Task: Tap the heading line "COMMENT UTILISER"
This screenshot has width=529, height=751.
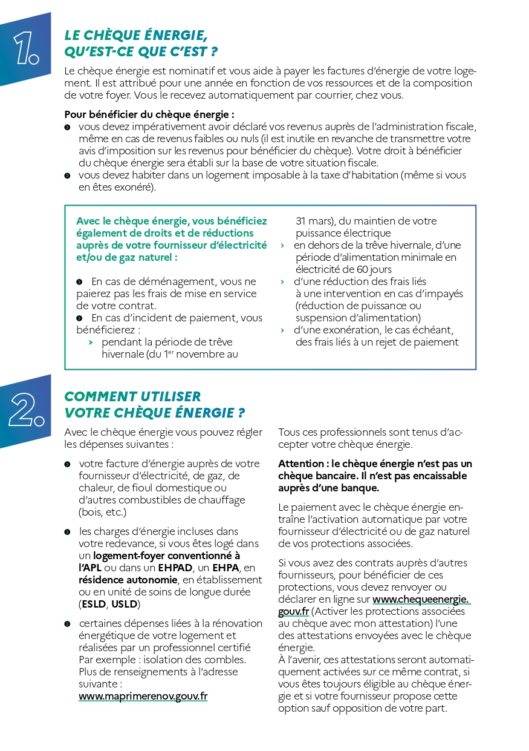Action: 132,396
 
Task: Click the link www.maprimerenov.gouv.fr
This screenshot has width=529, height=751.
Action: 143,696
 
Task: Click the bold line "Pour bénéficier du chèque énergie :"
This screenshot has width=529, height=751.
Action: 149,114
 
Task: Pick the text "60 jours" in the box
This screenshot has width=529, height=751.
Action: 374,269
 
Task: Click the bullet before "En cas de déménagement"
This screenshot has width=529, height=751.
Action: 79,282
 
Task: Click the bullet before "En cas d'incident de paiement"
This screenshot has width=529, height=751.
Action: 79,318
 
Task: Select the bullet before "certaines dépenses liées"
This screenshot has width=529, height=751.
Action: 67,624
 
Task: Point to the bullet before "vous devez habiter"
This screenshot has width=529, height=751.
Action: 67,175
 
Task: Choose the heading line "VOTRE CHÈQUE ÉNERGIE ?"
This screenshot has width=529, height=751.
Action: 154,413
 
